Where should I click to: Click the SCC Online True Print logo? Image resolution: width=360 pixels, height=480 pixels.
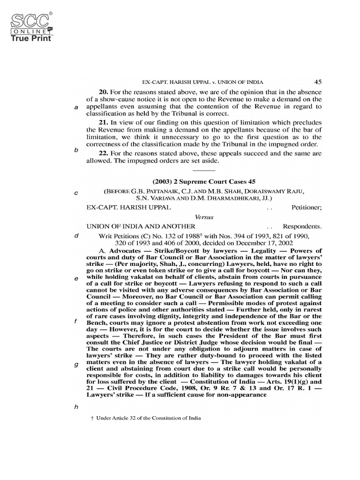point(30,27)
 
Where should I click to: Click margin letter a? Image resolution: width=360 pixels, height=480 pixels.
point(76,107)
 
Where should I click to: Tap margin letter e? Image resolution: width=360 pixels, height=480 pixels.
point(76,278)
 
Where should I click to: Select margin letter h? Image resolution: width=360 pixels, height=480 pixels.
point(76,406)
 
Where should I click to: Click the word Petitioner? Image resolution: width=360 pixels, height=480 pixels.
point(306,206)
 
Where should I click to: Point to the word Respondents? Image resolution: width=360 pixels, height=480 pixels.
point(302,226)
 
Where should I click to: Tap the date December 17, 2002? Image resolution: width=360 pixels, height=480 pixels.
point(263,243)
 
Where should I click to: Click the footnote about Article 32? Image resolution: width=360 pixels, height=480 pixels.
point(145,418)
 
